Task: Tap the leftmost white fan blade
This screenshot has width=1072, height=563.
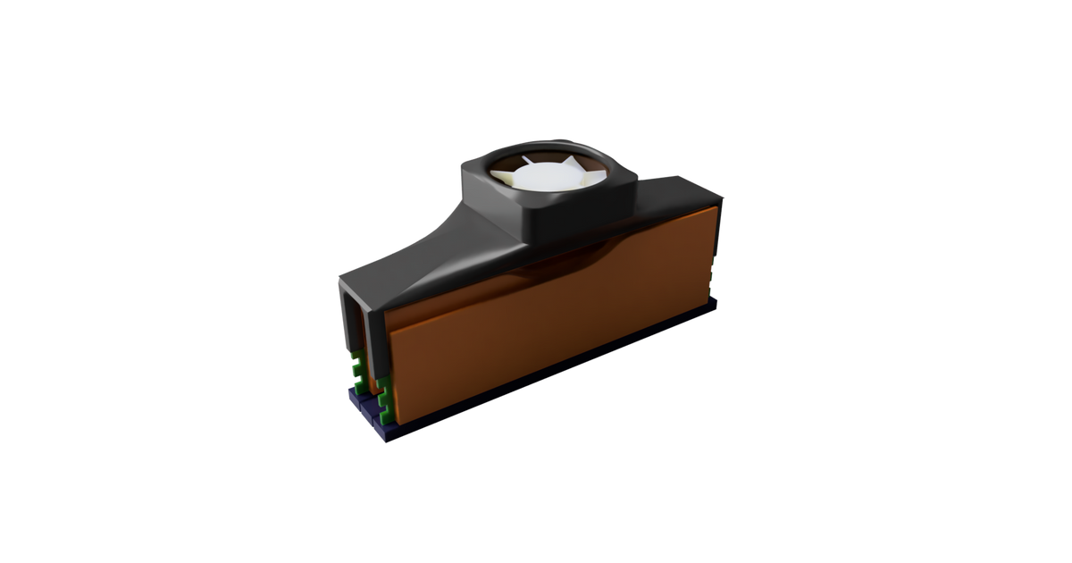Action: [x=510, y=181]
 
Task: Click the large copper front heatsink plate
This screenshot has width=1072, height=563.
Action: [x=554, y=331]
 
